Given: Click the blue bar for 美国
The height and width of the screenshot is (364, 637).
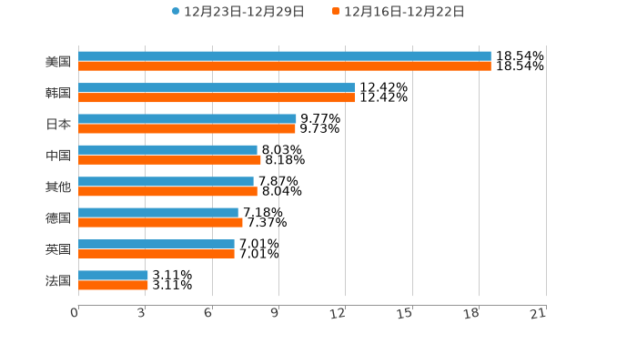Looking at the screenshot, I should point(284,56).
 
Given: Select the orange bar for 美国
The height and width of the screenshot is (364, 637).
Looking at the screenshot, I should point(284,66).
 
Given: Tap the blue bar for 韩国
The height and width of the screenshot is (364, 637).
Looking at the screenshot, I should point(217,87).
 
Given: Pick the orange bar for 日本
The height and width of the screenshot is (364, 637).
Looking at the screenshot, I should point(187,128).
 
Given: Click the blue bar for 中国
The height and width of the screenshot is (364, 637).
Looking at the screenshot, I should point(167,150).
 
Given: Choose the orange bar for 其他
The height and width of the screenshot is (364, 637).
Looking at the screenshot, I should point(167,191).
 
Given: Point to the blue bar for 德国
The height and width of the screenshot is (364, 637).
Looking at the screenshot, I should point(158,213).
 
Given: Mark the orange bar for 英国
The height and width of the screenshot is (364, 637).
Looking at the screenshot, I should point(157,254).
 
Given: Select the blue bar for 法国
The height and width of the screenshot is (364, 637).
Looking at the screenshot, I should point(113,275).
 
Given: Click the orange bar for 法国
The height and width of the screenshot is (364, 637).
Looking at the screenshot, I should point(113,285).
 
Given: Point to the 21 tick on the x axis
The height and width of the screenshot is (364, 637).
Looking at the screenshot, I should point(539,313).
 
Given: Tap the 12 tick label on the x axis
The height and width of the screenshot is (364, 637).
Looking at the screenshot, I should point(339,313).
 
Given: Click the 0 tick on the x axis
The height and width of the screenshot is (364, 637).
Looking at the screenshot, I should point(75,313).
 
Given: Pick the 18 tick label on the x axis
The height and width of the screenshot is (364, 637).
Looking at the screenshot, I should point(471,313).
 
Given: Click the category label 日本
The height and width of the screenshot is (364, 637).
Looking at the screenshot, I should point(58,124).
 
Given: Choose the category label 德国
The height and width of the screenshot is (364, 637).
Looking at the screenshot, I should point(58,217).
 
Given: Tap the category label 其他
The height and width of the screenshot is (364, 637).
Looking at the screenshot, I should point(58,187).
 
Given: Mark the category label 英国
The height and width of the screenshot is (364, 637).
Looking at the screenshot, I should point(58,249).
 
